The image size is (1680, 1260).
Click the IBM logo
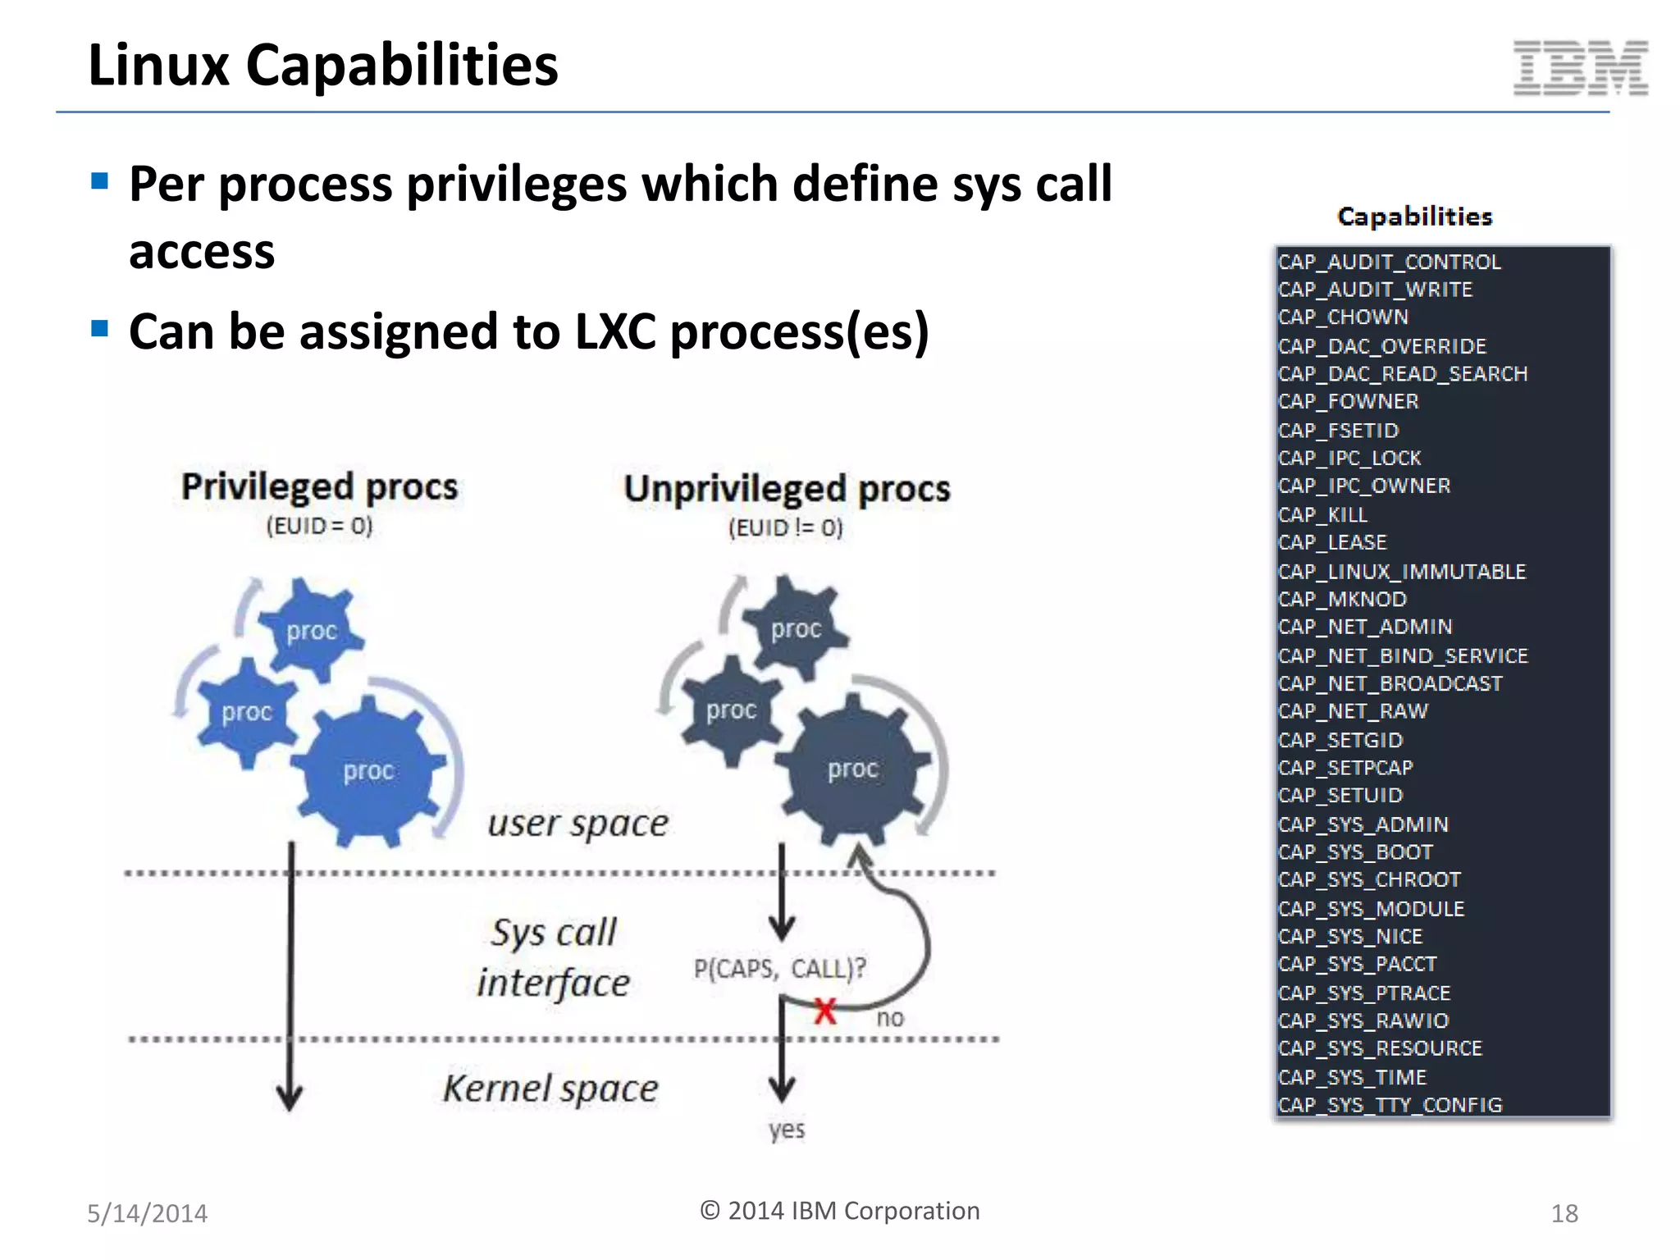point(1580,68)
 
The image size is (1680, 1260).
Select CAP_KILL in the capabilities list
point(1322,514)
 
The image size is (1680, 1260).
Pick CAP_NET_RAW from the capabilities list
point(1353,711)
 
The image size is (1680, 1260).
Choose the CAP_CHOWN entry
point(1343,317)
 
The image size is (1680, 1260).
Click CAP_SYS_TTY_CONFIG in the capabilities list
point(1390,1104)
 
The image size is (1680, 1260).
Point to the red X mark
point(825,1011)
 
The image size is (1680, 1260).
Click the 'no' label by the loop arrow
point(889,1018)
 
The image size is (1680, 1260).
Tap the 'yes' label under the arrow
point(786,1130)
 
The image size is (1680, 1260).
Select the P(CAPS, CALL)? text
point(779,968)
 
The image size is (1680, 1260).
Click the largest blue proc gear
point(369,771)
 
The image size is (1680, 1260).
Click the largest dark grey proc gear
point(853,769)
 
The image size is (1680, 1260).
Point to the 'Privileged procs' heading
point(319,486)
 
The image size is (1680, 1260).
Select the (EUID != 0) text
point(785,527)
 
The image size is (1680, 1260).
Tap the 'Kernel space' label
point(550,1089)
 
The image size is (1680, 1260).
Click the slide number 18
point(1564,1213)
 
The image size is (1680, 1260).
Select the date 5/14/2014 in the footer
point(148,1213)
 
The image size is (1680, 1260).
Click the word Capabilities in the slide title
point(402,66)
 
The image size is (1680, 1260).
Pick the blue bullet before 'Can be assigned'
point(100,329)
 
